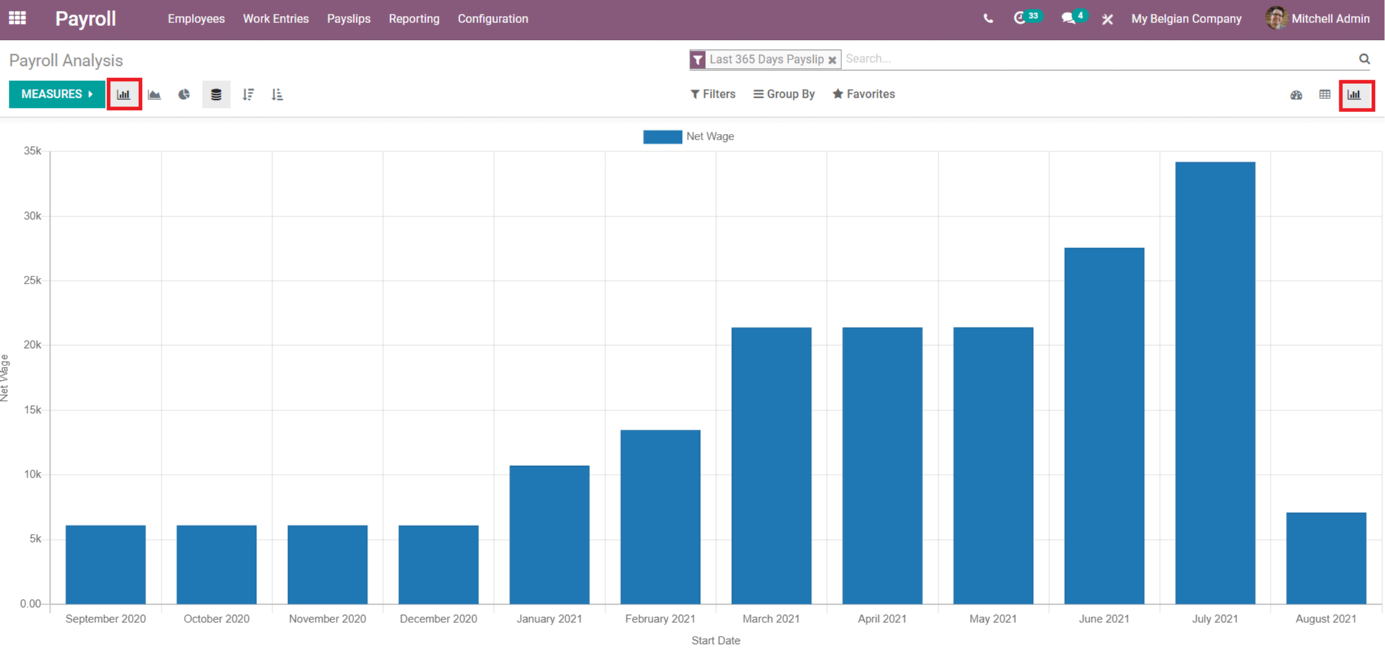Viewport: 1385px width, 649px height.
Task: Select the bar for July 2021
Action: (x=1215, y=383)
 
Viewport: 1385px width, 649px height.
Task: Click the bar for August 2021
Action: (x=1326, y=558)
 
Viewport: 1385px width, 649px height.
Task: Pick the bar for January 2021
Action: (x=550, y=535)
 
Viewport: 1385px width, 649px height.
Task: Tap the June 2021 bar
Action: (x=1104, y=425)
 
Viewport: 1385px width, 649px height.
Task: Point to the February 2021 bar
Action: (x=660, y=517)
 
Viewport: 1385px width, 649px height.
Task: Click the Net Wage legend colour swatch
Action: (x=662, y=137)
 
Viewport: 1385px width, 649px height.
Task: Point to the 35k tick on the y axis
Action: (x=33, y=151)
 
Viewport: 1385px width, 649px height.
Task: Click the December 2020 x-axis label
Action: (x=438, y=619)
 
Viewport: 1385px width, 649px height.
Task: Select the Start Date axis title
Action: (x=715, y=640)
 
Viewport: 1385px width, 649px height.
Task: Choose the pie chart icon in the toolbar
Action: (x=184, y=94)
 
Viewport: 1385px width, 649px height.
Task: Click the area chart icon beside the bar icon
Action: (x=154, y=94)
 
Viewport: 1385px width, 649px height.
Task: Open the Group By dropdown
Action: (x=784, y=94)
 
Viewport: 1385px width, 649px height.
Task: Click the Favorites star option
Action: (x=864, y=94)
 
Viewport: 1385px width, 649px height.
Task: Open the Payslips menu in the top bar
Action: (x=348, y=19)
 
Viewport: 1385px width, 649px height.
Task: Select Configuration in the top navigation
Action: (x=492, y=19)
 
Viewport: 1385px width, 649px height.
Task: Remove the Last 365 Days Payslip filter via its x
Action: (x=833, y=60)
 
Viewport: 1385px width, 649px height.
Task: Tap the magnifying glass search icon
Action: (x=1364, y=59)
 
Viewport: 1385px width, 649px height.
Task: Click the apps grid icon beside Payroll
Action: (x=17, y=18)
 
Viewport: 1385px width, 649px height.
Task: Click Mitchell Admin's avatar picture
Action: (x=1276, y=18)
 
